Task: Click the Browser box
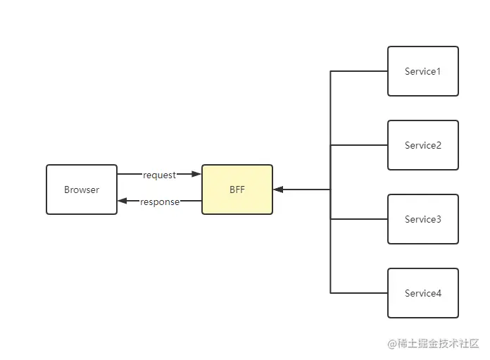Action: [82, 190]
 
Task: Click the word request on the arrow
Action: [159, 175]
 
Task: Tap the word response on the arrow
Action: [160, 202]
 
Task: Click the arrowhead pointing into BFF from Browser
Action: [196, 174]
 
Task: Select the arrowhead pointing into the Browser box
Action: [122, 201]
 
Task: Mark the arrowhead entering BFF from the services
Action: [278, 190]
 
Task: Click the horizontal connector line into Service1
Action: [359, 71]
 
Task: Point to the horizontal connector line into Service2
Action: [359, 145]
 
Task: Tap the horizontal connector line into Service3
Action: [359, 219]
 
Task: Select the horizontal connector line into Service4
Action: [359, 293]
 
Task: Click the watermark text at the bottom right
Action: [433, 343]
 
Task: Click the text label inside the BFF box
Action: [237, 190]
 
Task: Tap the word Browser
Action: [82, 190]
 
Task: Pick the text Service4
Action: [423, 293]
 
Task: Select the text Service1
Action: [423, 71]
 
